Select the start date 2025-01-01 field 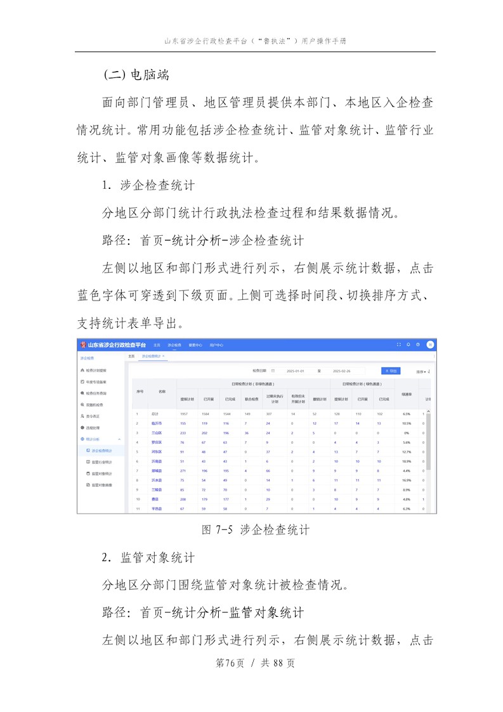tap(296, 371)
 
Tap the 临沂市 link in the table tap(157, 423)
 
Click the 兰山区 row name tap(157, 432)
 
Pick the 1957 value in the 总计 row tap(184, 413)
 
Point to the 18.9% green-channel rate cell tap(407, 461)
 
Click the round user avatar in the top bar tap(430, 345)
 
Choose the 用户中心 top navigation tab tap(217, 345)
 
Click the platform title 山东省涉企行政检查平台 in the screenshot tap(116, 345)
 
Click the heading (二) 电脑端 tap(136, 74)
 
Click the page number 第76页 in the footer tap(230, 663)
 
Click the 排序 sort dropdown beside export tap(423, 372)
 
